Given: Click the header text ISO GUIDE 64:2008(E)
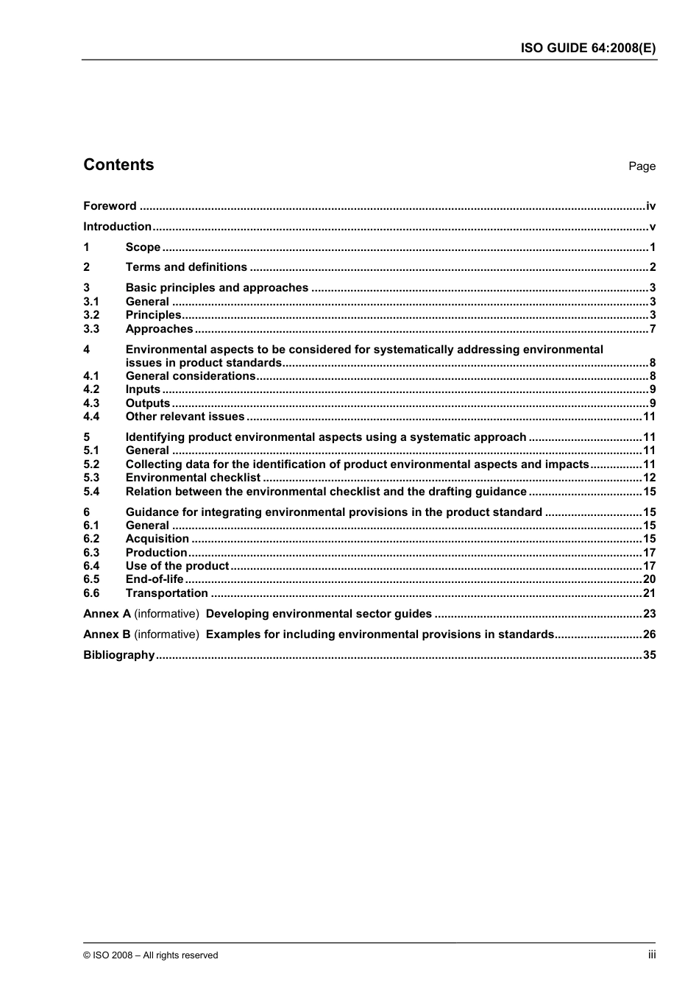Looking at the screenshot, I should point(588,48).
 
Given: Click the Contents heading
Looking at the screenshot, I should point(118,165).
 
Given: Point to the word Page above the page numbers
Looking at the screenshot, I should point(642,166).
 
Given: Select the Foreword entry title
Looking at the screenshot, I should point(110,206).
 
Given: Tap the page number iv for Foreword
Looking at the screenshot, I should point(650,206).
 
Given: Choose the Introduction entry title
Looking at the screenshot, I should point(117,227).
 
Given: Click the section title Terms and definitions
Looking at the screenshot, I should point(186,267).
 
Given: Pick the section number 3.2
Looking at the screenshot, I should point(91,315).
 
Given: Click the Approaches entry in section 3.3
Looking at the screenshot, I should point(159,329).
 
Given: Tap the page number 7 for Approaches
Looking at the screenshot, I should point(653,329).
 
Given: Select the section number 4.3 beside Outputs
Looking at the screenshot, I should point(91,403).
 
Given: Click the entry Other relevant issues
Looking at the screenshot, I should point(185,417).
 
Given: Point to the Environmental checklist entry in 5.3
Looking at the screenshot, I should point(193,478).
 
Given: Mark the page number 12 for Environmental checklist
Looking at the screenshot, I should point(649,478).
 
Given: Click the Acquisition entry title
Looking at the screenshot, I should point(157,539).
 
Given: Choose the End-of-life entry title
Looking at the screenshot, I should point(155,579).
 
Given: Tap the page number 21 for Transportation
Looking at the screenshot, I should point(649,593).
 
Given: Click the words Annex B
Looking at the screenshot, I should point(107,634).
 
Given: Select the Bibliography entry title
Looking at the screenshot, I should point(118,655).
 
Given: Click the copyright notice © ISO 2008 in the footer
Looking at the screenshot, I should point(150,955).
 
